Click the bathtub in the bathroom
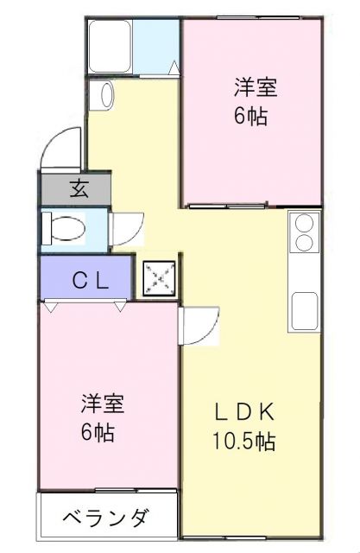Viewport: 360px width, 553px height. tap(111, 46)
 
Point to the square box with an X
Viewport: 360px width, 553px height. tap(159, 278)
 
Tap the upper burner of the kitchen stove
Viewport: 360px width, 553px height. tap(305, 222)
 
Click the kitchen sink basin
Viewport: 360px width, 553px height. tap(305, 309)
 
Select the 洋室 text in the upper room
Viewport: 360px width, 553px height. tap(256, 86)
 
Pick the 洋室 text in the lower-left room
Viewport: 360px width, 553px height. tap(103, 403)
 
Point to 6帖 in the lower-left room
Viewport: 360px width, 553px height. tap(98, 431)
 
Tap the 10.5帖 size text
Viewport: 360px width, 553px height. tap(244, 442)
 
